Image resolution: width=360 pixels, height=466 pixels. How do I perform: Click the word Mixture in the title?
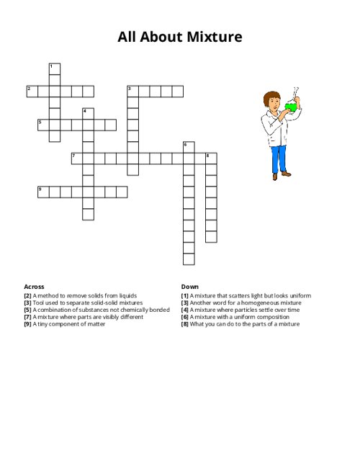pos(215,37)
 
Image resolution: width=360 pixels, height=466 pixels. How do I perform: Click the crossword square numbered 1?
pos(55,69)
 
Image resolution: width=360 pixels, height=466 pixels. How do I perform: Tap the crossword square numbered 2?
pos(32,91)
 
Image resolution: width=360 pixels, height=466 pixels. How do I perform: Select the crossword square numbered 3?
pos(133,91)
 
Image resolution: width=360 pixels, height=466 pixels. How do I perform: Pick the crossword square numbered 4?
pos(89,114)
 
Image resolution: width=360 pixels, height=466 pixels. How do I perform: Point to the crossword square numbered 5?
pos(43,125)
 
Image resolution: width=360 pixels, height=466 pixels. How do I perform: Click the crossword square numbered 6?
pos(189,148)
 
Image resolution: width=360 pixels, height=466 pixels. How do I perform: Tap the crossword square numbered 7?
pos(77,158)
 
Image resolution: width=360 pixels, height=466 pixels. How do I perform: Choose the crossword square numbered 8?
pos(211,158)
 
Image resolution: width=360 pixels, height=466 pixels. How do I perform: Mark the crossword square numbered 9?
pos(43,192)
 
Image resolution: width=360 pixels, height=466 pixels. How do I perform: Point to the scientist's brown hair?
pos(271,97)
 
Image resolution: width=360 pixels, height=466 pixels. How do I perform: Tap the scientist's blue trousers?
pos(279,159)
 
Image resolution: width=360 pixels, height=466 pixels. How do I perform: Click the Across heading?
pos(34,287)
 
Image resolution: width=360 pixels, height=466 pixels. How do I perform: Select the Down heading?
pos(190,287)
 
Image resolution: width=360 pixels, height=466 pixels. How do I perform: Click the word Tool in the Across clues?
pos(38,303)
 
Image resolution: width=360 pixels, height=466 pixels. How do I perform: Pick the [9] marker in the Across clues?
pos(27,324)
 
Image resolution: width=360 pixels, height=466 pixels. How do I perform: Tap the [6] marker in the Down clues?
pos(185,317)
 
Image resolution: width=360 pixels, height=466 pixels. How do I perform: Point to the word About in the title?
pos(162,37)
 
